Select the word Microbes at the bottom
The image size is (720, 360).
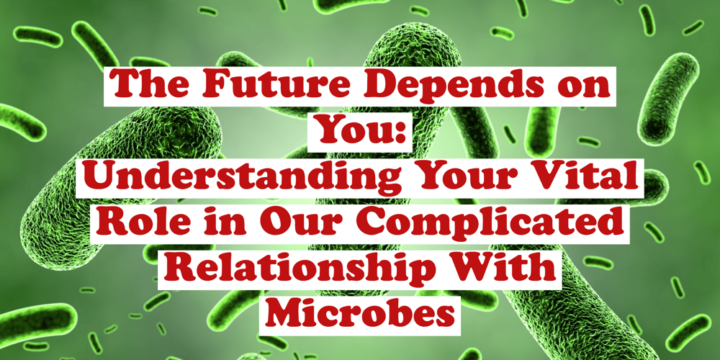pos(359,314)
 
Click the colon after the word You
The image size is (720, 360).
pos(396,135)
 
